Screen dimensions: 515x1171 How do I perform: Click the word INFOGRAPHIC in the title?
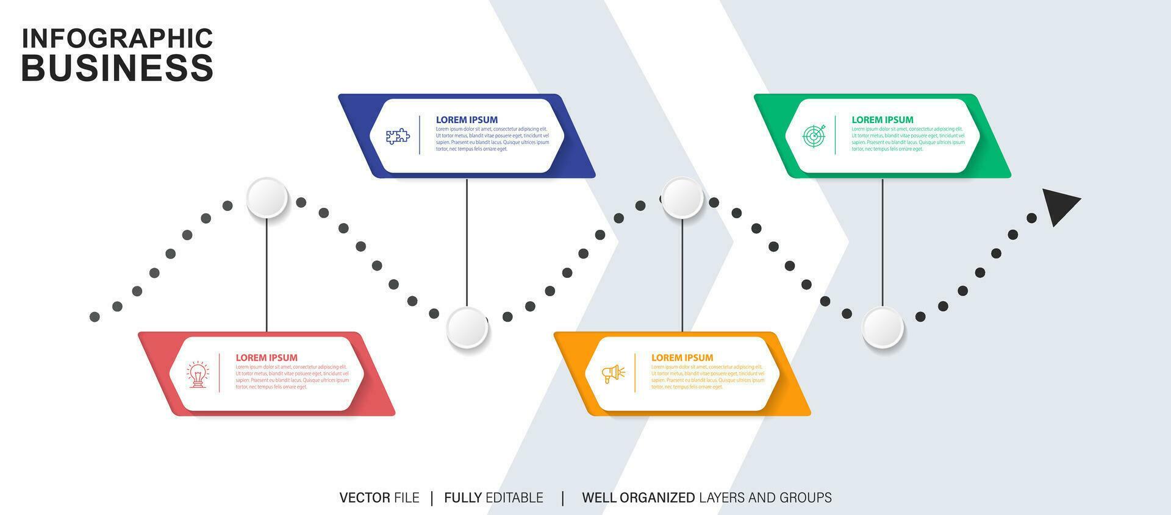tap(117, 38)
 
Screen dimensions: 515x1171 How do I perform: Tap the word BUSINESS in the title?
tap(117, 67)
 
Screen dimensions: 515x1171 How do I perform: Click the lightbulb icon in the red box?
tap(198, 374)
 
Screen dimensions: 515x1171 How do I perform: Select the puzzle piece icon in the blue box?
tap(398, 136)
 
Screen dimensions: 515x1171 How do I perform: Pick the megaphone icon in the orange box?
tap(614, 374)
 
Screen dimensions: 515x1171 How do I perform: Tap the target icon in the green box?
tap(814, 136)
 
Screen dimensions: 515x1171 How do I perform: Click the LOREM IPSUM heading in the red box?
tap(267, 358)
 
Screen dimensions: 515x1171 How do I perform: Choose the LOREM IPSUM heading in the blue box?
tap(467, 120)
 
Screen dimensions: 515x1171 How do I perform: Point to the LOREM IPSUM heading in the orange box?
tap(682, 358)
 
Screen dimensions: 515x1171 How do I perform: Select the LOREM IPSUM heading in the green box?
tap(882, 120)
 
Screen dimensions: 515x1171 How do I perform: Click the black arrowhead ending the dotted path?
tap(1059, 205)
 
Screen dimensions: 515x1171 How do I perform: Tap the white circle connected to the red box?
tap(267, 197)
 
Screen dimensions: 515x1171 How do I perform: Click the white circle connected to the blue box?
tap(467, 327)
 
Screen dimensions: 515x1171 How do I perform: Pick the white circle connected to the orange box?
tap(682, 197)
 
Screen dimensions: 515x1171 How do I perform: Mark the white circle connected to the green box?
tap(883, 327)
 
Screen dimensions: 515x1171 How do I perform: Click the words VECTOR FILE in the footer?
tap(379, 498)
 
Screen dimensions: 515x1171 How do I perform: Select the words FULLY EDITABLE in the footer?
tap(493, 498)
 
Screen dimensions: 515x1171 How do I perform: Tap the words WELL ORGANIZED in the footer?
tap(638, 498)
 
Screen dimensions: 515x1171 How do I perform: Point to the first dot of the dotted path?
tap(95, 317)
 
